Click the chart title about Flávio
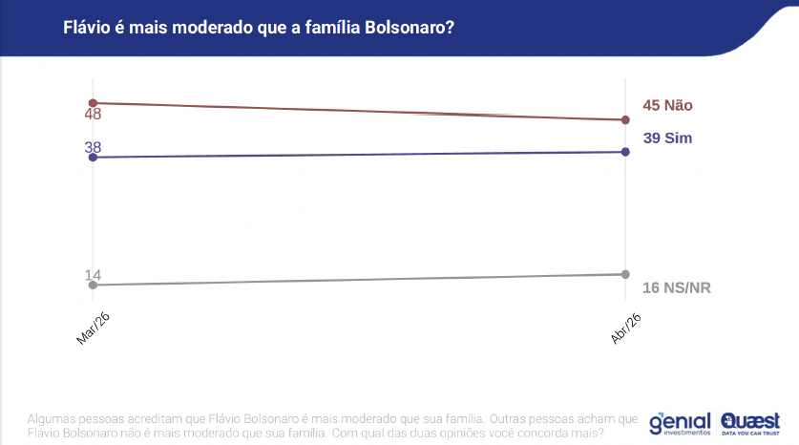click(x=258, y=28)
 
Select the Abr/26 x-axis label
click(x=624, y=329)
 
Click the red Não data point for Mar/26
click(x=93, y=102)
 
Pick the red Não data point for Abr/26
click(x=625, y=120)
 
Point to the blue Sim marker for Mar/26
click(x=93, y=158)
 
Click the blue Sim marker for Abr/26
click(x=625, y=152)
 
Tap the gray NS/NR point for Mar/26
click(x=93, y=285)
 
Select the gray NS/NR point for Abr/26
click(x=625, y=274)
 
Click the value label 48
click(x=93, y=115)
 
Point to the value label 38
click(x=93, y=147)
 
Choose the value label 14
click(x=93, y=275)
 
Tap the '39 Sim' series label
click(x=667, y=138)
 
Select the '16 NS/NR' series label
click(x=678, y=287)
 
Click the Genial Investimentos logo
click(x=680, y=422)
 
